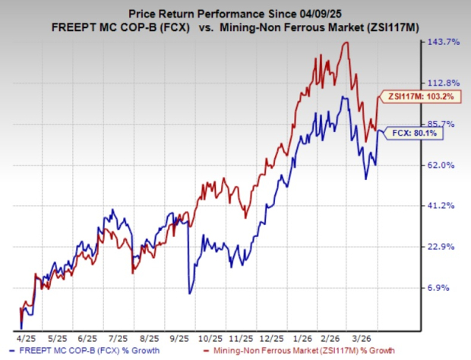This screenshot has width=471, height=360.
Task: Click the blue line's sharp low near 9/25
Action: (189, 293)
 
